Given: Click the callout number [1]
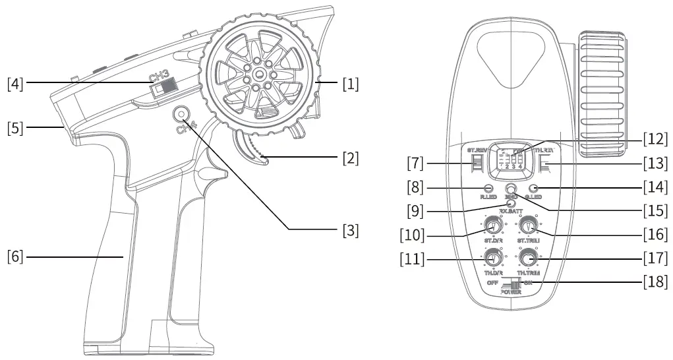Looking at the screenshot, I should click(x=349, y=84).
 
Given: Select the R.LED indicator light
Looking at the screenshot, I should click(x=488, y=190).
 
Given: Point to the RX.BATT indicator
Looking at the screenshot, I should click(x=511, y=204).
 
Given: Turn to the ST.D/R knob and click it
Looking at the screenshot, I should click(x=492, y=227).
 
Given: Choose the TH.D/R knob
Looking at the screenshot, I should click(x=492, y=257).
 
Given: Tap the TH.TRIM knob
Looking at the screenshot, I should click(x=526, y=257).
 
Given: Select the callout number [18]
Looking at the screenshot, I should click(x=655, y=282).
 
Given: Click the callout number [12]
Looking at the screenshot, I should click(x=655, y=139).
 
